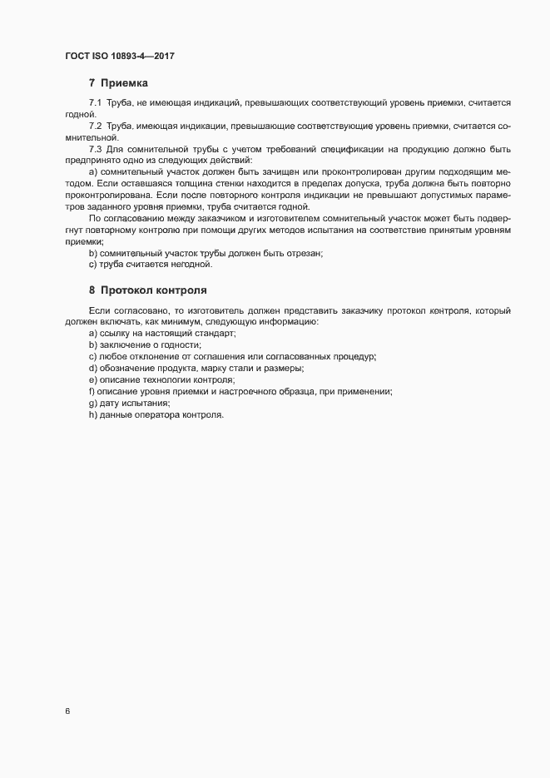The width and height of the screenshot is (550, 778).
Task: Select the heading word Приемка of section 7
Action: coord(124,82)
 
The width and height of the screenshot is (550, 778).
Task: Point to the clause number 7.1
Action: coord(95,102)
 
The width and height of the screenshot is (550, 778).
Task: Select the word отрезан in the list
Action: coord(300,253)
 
